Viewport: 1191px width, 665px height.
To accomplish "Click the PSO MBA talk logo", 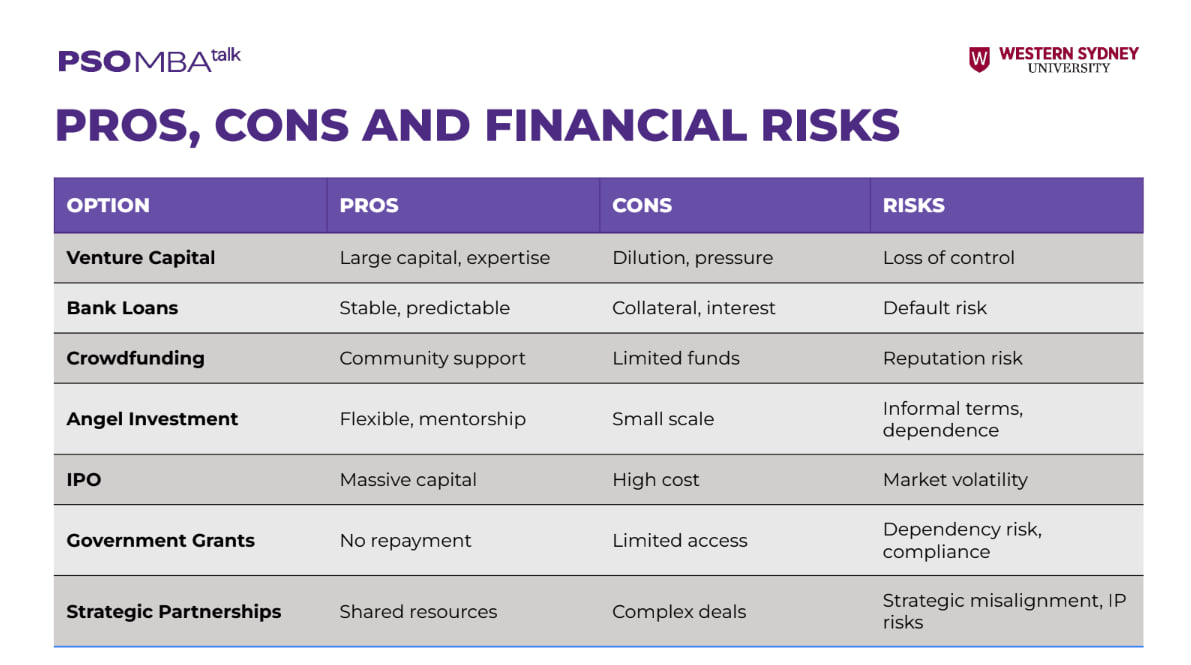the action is click(150, 60).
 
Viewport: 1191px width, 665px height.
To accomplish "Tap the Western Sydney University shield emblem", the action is click(979, 59).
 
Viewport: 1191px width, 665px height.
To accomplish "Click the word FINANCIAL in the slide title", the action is click(616, 125).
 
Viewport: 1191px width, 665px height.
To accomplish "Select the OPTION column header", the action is click(108, 205).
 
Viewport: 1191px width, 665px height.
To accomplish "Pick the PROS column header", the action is click(368, 205).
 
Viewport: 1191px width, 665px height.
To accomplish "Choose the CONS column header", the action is click(642, 205).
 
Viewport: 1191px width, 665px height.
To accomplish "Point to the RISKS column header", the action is click(914, 205).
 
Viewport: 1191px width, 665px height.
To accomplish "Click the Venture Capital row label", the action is click(141, 258).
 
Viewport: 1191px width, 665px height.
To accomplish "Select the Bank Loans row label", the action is click(122, 308).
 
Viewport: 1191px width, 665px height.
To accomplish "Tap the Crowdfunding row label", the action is click(135, 359).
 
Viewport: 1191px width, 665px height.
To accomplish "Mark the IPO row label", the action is click(84, 480).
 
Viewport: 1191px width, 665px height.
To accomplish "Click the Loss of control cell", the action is click(949, 258).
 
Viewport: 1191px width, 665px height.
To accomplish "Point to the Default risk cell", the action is click(934, 308).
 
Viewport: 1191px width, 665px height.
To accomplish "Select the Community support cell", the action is click(432, 359).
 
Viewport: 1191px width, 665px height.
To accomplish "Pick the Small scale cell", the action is click(663, 419).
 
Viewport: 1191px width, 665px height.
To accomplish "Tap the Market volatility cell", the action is click(955, 480).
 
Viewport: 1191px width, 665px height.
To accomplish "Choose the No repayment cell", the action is click(405, 541).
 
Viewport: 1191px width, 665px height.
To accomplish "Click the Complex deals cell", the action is click(679, 612).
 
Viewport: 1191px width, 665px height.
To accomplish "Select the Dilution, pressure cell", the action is click(693, 258).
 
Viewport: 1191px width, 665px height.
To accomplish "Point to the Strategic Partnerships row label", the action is click(173, 612).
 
